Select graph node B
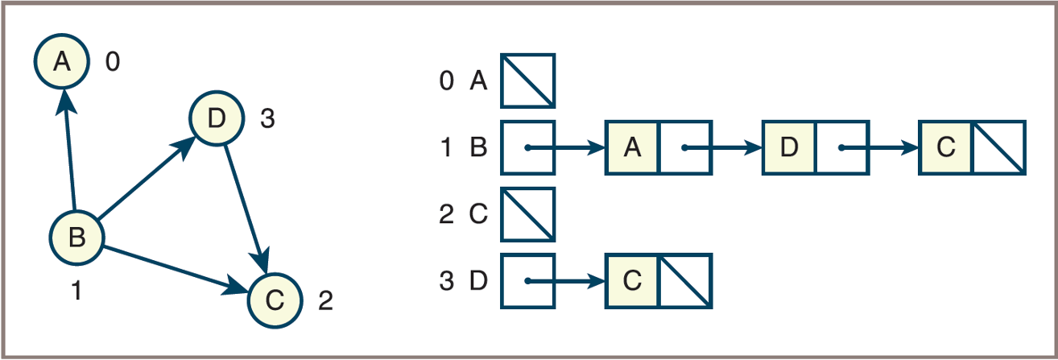[x=77, y=238]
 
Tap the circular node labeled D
[x=216, y=119]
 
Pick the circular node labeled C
[x=274, y=300]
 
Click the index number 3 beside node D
[x=267, y=119]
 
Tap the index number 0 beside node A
[x=113, y=61]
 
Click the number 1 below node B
[x=76, y=291]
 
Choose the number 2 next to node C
[x=325, y=302]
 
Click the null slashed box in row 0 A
[x=527, y=81]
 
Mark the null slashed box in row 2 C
[x=527, y=214]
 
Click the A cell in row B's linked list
[x=633, y=147]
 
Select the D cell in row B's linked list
[x=789, y=147]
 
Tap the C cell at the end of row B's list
[x=946, y=147]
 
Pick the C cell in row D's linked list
[x=633, y=281]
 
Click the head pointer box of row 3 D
[x=527, y=281]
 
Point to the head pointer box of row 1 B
[x=527, y=147]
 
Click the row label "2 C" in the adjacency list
[x=464, y=215]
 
